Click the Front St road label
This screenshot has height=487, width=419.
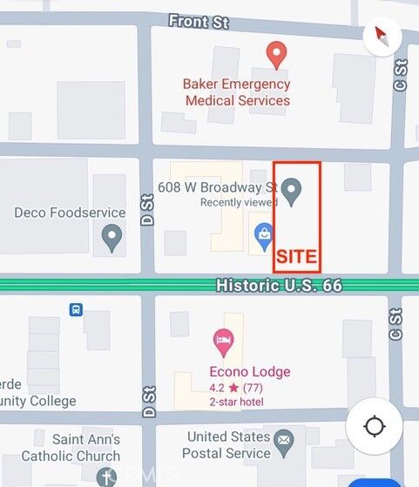point(199,22)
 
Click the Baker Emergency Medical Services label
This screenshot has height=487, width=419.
point(236,92)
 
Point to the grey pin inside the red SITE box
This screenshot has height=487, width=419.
point(294,191)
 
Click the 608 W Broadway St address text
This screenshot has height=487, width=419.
point(217,187)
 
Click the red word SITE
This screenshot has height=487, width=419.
point(296,257)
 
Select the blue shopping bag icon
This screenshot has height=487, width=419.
point(262,233)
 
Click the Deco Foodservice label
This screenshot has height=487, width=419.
point(71,213)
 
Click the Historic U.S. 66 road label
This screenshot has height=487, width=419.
point(279,285)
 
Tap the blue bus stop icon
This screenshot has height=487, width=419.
point(76,309)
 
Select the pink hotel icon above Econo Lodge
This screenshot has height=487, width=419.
point(224,342)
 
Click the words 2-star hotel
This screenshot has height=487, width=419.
point(236,402)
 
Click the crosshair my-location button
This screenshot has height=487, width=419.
point(375,426)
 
